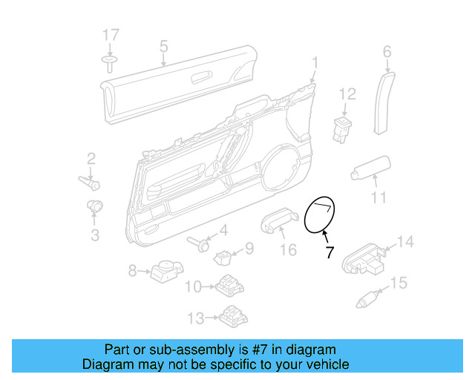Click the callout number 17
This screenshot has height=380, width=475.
click(110, 35)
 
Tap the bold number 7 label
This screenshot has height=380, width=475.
click(330, 252)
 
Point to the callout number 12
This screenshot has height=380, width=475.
click(347, 94)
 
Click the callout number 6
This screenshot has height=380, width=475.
click(386, 51)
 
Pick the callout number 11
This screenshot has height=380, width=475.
click(379, 197)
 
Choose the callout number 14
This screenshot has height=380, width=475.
click(405, 241)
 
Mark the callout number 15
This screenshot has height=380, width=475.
click(399, 283)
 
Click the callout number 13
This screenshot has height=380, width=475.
click(195, 318)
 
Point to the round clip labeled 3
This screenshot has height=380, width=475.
click(95, 206)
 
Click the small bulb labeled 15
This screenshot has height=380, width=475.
click(366, 301)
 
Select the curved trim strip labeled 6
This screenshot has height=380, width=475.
click(381, 102)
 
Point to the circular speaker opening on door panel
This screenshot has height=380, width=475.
click(282, 166)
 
